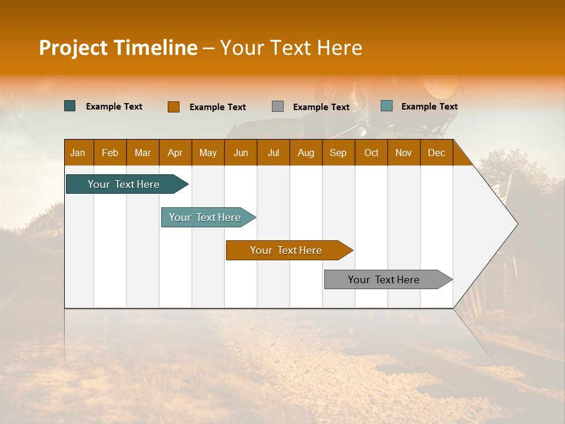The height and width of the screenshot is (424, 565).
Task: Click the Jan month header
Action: point(78,153)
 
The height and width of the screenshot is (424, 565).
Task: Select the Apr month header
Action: point(175,153)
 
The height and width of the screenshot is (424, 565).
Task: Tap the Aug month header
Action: point(306,153)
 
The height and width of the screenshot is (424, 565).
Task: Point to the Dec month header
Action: point(437,153)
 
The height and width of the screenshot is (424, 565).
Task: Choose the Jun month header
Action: point(241,153)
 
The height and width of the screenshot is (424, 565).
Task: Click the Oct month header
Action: point(371,153)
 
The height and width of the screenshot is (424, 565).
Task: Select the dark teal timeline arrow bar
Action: point(124,184)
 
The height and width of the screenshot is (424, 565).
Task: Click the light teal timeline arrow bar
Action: point(205,217)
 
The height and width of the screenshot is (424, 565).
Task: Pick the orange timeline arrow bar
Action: point(287,250)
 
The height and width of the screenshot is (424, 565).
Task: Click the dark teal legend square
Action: point(70,106)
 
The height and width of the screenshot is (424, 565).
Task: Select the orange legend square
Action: point(173,107)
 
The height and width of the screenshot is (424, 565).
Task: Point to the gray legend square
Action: point(278,107)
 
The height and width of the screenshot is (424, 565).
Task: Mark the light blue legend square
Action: point(387,106)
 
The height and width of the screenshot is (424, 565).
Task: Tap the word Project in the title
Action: point(73,48)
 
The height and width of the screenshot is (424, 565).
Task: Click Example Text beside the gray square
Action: point(321,107)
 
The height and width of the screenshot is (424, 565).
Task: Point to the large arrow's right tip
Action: point(516,224)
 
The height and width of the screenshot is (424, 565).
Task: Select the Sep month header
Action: point(338,153)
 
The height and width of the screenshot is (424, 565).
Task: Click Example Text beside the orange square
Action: point(218,107)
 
